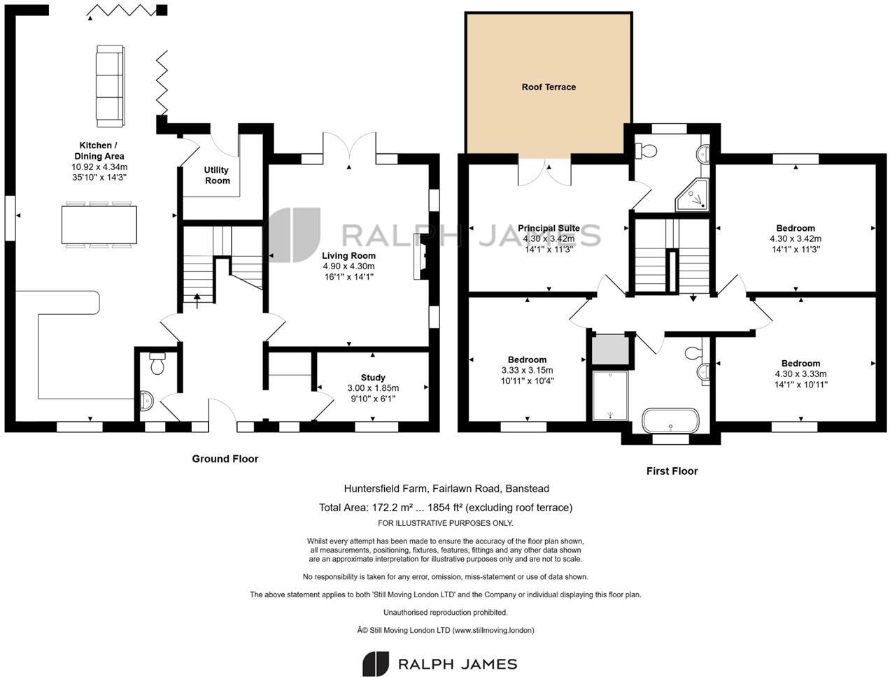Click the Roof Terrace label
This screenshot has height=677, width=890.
pos(549,87)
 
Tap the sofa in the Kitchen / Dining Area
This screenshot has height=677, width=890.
pos(108,85)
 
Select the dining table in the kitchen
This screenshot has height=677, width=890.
pos(99,225)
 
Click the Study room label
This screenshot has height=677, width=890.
pos(373,378)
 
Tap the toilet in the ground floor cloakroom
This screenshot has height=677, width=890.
pos(157,364)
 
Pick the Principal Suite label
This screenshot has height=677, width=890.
pos(549,228)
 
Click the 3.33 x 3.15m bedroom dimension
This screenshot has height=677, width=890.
pos(527,371)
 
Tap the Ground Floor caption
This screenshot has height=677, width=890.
pos(225,459)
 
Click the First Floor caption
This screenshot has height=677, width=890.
pos(672,471)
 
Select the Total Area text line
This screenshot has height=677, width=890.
pos(446,508)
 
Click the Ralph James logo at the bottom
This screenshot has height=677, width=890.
pos(439,664)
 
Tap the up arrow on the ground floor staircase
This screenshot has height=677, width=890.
pos(197,299)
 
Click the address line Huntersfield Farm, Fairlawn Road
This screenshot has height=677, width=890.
pos(446,489)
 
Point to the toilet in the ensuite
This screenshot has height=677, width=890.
pos(646,150)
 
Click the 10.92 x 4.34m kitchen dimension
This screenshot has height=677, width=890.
pos(99,167)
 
